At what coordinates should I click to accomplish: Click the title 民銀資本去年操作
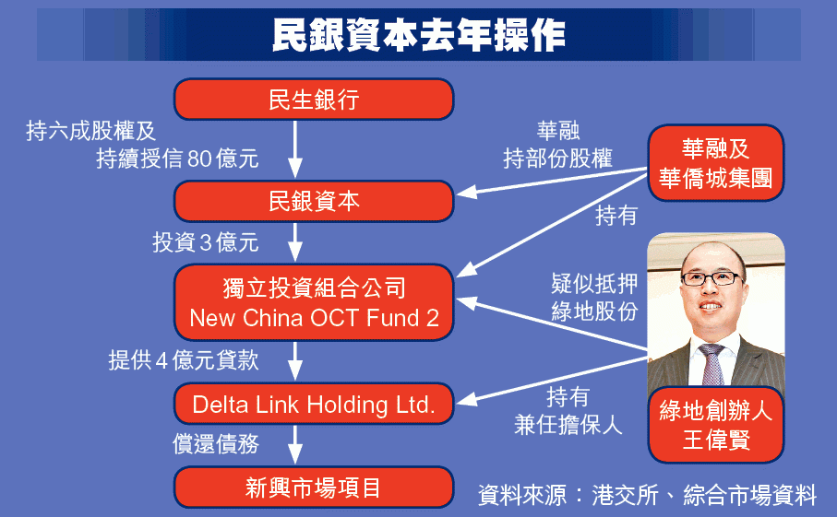(419, 35)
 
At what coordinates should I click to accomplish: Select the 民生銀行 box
(314, 100)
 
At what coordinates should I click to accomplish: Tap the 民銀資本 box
(314, 202)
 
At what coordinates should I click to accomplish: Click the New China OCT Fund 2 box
(314, 302)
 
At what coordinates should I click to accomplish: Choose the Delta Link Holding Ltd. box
(314, 404)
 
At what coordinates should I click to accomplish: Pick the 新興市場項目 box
(314, 488)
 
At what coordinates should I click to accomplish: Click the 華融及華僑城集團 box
(716, 163)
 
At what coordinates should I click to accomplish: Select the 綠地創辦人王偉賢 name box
(716, 425)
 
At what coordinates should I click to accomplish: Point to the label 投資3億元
(206, 242)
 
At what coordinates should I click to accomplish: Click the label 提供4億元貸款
(184, 360)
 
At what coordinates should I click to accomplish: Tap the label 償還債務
(216, 443)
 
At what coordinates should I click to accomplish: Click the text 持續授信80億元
(178, 159)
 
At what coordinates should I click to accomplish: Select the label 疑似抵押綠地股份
(594, 298)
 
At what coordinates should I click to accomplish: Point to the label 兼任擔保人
(568, 425)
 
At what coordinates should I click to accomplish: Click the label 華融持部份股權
(557, 145)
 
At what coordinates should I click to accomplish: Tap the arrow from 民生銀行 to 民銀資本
(295, 149)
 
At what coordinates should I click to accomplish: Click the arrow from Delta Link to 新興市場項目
(295, 444)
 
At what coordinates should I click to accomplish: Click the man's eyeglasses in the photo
(712, 278)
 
